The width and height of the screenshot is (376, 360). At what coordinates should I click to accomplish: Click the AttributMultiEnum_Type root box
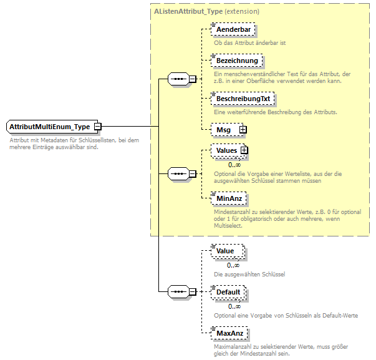coord(50,127)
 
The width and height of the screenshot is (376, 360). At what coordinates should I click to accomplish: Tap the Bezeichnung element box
coord(236,61)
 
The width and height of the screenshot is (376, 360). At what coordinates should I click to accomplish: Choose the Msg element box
coord(223,129)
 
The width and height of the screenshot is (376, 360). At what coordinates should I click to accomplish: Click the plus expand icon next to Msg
coord(243,129)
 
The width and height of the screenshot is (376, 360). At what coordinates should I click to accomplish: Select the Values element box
coord(226,150)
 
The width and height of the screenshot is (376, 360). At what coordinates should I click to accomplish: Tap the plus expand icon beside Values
coord(244,150)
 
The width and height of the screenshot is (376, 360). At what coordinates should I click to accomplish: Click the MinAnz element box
coord(228,198)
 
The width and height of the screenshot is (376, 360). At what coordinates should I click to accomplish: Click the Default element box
coord(228,292)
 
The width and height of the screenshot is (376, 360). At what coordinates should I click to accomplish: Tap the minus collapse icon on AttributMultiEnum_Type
coord(98,127)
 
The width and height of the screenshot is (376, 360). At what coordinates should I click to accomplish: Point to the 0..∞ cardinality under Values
coord(234,165)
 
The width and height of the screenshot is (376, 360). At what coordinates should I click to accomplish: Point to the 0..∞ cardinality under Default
coord(234,306)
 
